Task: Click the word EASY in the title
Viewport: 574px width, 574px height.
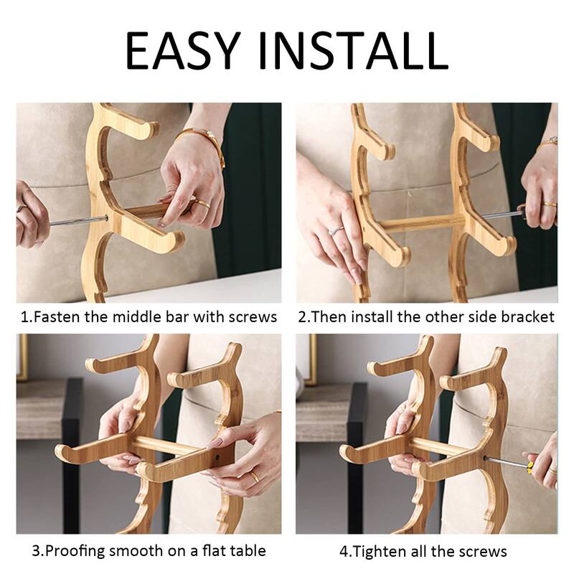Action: click(x=183, y=50)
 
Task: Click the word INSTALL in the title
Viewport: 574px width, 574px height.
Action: click(x=353, y=50)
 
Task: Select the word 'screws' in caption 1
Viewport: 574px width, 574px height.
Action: click(x=253, y=317)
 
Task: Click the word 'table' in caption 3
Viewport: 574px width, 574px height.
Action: click(x=247, y=550)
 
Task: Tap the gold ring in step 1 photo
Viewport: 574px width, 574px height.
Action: click(x=202, y=202)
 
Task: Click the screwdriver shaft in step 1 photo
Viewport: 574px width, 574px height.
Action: click(x=77, y=221)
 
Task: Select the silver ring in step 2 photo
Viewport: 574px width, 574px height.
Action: click(x=336, y=230)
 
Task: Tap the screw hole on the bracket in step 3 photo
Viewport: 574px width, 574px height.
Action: click(x=218, y=457)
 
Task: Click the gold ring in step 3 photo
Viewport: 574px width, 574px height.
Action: click(x=255, y=476)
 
